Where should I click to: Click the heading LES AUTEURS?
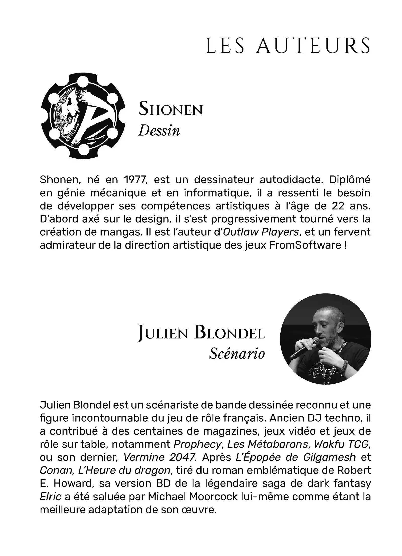click(x=288, y=46)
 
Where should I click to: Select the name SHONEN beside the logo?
click(x=171, y=109)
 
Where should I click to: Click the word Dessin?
click(x=159, y=131)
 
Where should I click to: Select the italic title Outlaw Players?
click(x=261, y=232)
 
